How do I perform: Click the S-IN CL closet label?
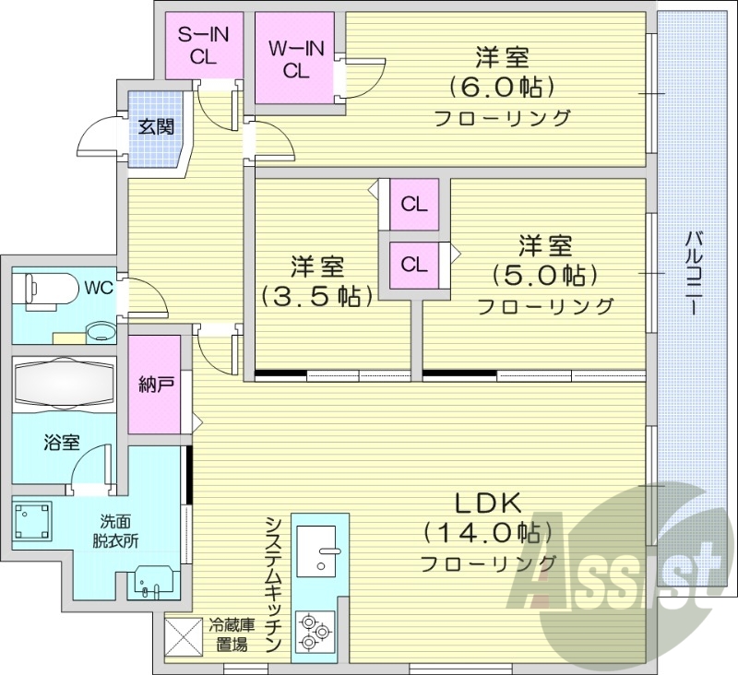203,45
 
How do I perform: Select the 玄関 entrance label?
155,127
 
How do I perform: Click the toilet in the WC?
46,288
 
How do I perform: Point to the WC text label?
99,288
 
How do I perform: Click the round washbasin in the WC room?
99,330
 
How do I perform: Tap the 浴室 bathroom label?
61,443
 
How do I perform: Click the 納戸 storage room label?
153,385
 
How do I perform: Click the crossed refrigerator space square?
183,635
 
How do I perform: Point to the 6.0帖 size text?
502,88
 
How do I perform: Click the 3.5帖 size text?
317,296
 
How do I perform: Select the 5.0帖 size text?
544,275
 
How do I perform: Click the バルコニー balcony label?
692,274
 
